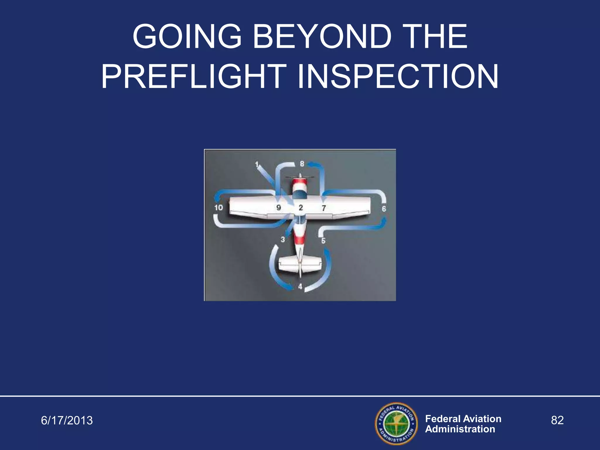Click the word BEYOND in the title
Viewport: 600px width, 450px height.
coord(322,37)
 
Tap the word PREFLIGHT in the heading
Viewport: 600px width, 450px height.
coord(194,77)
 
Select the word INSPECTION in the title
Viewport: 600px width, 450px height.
coord(398,77)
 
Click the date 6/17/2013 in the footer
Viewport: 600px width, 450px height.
coord(67,420)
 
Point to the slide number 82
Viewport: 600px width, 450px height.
coord(557,420)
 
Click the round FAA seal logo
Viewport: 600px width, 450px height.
coord(397,423)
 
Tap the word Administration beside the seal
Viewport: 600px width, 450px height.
coord(460,429)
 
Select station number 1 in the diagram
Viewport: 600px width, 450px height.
coord(257,164)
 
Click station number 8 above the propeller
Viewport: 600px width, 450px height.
coord(302,164)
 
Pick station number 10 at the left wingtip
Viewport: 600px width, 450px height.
coord(219,208)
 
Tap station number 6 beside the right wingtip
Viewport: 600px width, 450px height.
coord(384,209)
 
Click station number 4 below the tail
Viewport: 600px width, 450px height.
coord(300,287)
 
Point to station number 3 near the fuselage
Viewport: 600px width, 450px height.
coord(283,239)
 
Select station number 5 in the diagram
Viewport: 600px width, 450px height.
coord(323,241)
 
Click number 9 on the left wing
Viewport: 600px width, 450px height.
coord(279,208)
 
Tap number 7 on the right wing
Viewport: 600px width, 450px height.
coord(324,208)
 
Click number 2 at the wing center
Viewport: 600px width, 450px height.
coord(301,208)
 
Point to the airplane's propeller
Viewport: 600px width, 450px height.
coord(300,177)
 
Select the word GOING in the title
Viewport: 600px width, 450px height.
coord(187,37)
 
